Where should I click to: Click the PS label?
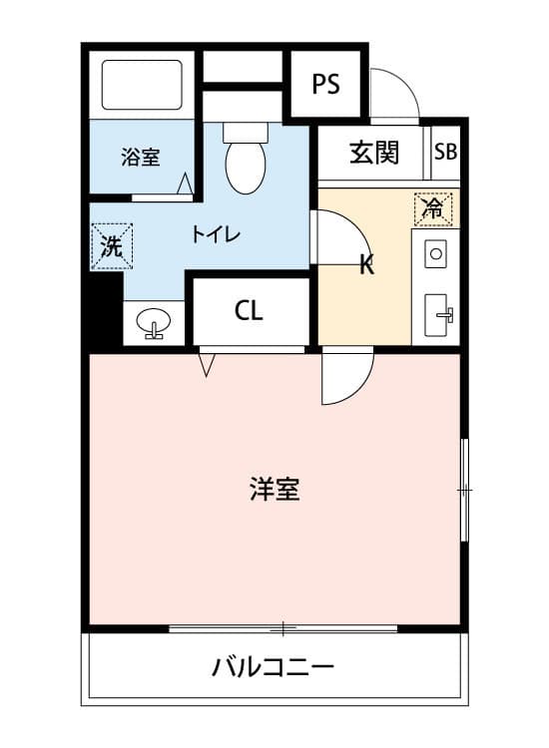click(326, 84)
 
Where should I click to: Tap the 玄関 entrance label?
click(373, 153)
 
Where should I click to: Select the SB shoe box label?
click(445, 152)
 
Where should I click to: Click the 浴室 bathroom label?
click(140, 157)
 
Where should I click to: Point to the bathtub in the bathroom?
click(142, 85)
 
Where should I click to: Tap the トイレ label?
click(216, 234)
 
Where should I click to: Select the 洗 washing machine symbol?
click(112, 246)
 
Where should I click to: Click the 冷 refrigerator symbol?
click(433, 208)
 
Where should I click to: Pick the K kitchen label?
click(366, 264)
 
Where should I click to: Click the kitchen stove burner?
click(435, 253)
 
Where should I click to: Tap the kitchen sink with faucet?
click(436, 315)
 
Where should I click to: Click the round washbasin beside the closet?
click(153, 322)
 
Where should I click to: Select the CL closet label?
click(249, 311)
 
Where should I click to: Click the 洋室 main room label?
click(274, 489)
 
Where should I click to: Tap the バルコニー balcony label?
click(274, 667)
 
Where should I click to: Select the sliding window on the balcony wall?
click(283, 629)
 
